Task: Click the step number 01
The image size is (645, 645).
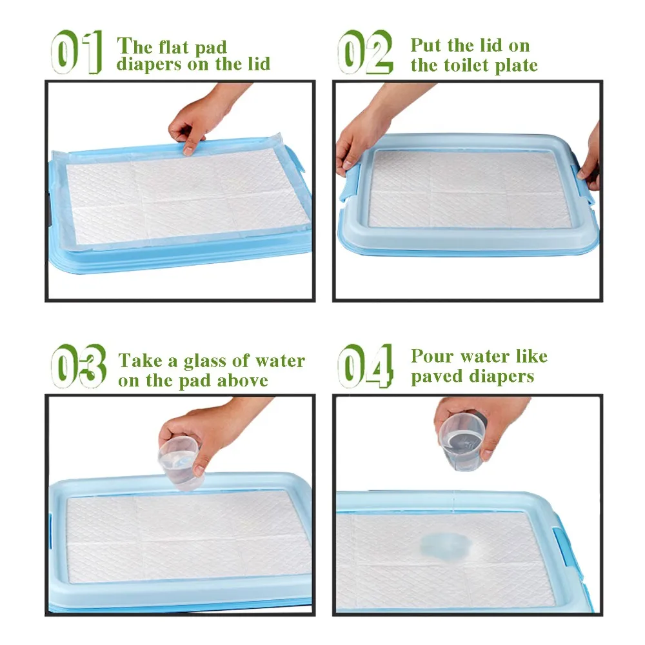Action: pyautogui.click(x=77, y=52)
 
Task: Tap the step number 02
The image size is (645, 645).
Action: pyautogui.click(x=365, y=52)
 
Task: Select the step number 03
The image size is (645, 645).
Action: pyautogui.click(x=79, y=366)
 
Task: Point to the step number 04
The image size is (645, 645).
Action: pyautogui.click(x=365, y=366)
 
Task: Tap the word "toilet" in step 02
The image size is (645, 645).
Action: pyautogui.click(x=466, y=65)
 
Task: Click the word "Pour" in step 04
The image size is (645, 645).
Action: pyautogui.click(x=432, y=356)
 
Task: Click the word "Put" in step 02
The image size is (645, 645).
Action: pyautogui.click(x=426, y=45)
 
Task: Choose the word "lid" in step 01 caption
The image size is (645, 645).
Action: pyautogui.click(x=259, y=64)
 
